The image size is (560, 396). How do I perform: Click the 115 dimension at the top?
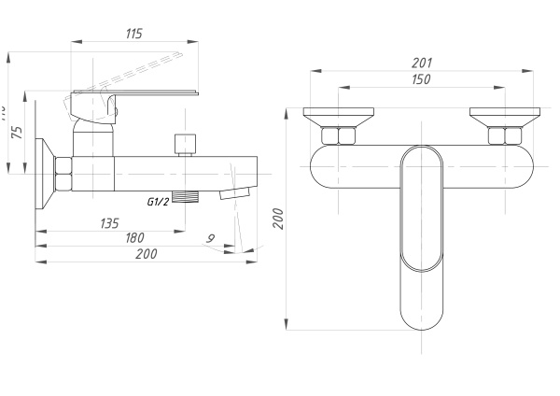coord(133,35)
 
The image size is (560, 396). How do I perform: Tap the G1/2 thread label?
coord(158,201)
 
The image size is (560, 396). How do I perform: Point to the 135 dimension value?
coord(109,223)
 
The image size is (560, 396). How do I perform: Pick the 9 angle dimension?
coord(210,238)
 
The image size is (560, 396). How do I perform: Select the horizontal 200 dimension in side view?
coord(146,254)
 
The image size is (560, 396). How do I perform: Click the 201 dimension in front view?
coord(421,64)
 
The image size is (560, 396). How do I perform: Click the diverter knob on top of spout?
coord(184,144)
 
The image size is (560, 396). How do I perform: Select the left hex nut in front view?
coord(338,136)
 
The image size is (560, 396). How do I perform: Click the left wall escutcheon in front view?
coord(338,118)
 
